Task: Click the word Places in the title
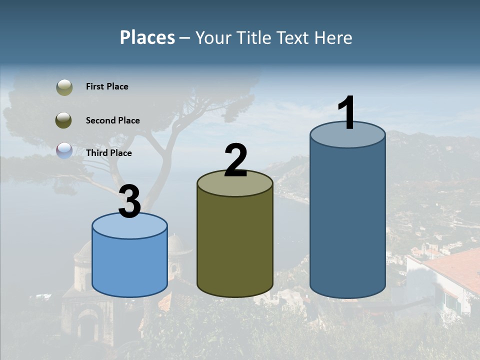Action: pyautogui.click(x=147, y=37)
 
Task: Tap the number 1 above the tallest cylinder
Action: pyautogui.click(x=346, y=113)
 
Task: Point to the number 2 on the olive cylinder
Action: pyautogui.click(x=235, y=160)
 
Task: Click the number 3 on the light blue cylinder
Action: pyautogui.click(x=130, y=201)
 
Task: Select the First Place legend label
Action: pyautogui.click(x=107, y=86)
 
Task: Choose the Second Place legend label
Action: pyautogui.click(x=112, y=120)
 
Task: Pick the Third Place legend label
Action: pyautogui.click(x=108, y=153)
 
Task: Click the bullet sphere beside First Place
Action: pyautogui.click(x=64, y=87)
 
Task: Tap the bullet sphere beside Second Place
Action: pyautogui.click(x=64, y=120)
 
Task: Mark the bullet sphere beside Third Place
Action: pyautogui.click(x=64, y=151)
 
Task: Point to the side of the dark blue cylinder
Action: pyautogui.click(x=347, y=220)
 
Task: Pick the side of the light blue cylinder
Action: pyautogui.click(x=130, y=265)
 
